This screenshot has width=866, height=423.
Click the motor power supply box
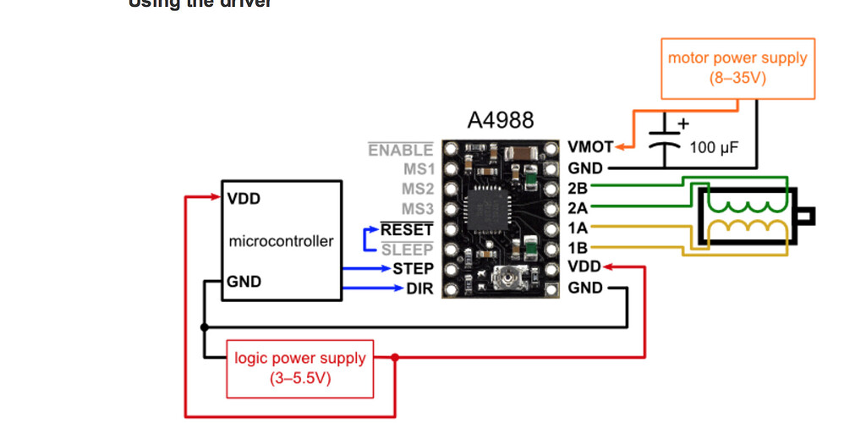[x=737, y=69]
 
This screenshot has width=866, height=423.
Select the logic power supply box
[x=300, y=368]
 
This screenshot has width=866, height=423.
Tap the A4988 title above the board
[x=501, y=120]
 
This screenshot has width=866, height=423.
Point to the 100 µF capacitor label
[x=714, y=148]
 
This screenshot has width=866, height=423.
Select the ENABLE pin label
[x=401, y=150]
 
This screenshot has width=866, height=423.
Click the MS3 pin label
[x=417, y=208]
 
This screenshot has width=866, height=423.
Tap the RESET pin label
[x=407, y=228]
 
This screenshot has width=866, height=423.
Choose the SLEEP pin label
[x=407, y=249]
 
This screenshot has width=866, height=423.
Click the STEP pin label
[x=413, y=268]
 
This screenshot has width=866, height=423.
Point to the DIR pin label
[x=419, y=288]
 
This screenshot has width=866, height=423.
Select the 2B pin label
[x=578, y=188]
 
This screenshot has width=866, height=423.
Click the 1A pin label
[x=578, y=228]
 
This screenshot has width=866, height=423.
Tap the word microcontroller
[x=281, y=241]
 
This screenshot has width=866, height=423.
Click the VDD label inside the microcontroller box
[x=244, y=201]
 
